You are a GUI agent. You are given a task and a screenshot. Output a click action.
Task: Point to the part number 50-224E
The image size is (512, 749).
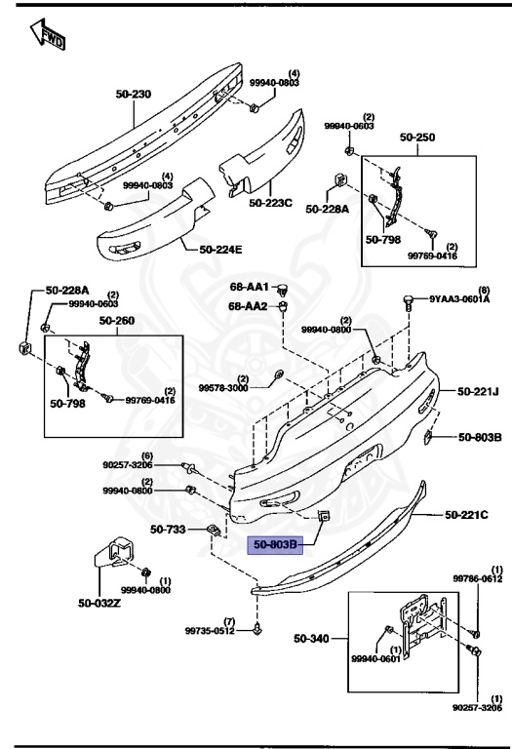220,249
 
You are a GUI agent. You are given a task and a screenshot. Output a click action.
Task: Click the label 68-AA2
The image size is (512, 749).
250,306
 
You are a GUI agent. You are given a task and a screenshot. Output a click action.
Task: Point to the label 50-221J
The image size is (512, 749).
478,391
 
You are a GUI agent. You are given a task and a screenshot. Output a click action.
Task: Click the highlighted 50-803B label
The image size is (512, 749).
278,545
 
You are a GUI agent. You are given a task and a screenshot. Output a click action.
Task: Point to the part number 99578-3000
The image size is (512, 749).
224,387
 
